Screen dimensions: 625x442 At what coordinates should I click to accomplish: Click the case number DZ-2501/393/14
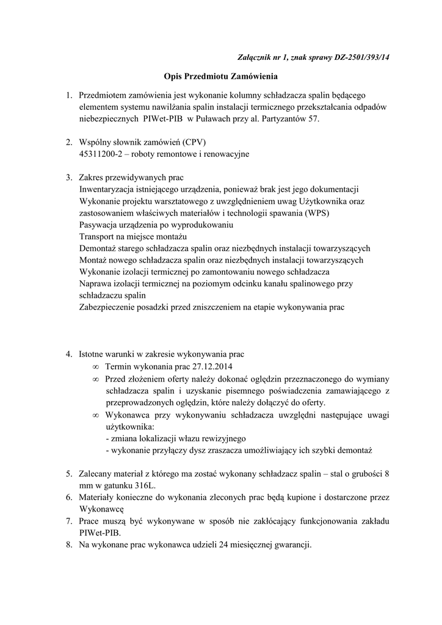(362, 57)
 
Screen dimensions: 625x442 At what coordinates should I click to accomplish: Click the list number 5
(69, 474)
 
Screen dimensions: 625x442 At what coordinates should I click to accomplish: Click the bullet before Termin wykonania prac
(96, 368)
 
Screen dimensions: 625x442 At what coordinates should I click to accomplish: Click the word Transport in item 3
(98, 236)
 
